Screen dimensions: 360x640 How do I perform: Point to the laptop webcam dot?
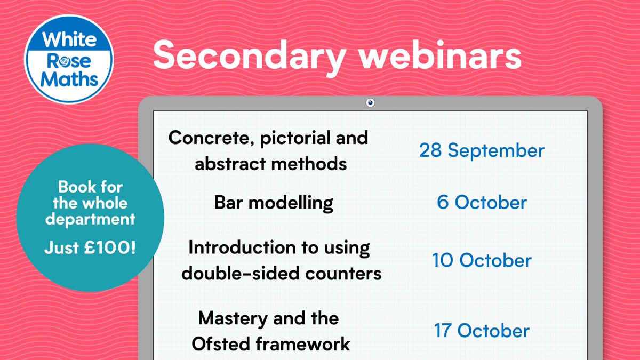click(x=371, y=102)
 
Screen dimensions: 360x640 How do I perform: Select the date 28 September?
click(x=482, y=150)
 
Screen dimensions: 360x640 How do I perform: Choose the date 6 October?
click(x=482, y=203)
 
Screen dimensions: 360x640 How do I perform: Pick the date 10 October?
click(x=482, y=260)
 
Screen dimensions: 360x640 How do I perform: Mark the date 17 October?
click(x=482, y=331)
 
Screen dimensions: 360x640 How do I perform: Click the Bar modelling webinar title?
click(x=274, y=203)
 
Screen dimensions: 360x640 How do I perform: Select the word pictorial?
click(x=300, y=139)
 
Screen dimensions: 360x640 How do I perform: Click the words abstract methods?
click(x=271, y=163)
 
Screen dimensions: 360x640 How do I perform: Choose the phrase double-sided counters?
click(x=282, y=273)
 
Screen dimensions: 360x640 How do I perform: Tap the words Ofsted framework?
click(x=270, y=343)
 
